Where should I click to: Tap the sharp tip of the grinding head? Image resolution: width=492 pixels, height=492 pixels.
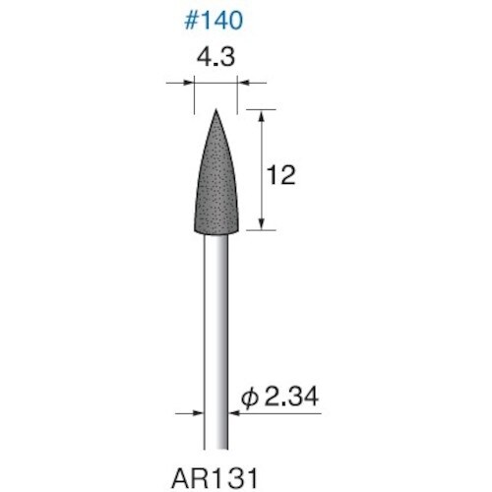coord(215,111)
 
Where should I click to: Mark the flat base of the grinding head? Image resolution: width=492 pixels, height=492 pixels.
coord(215,230)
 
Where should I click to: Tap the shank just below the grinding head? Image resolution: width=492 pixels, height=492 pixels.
coord(215,246)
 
